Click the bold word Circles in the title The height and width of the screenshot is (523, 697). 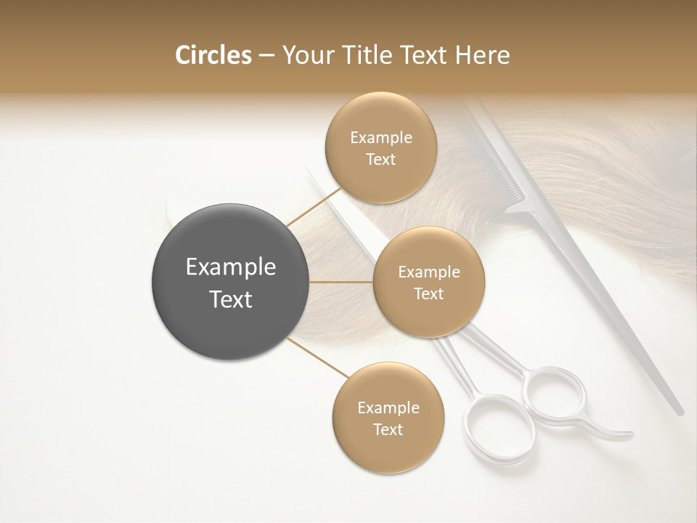[x=213, y=55]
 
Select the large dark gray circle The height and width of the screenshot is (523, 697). [x=231, y=282]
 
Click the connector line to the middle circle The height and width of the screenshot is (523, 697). [x=341, y=282]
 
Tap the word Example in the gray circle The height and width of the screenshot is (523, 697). [x=231, y=267]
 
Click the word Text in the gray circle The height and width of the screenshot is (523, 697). [x=231, y=299]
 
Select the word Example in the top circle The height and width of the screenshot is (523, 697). [x=381, y=138]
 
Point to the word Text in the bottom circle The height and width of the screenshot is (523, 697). [x=388, y=429]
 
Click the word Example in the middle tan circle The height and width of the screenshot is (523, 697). [x=428, y=272]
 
